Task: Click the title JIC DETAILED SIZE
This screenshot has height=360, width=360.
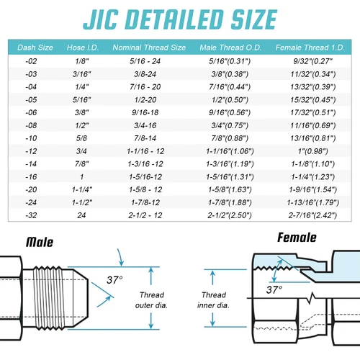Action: (180, 18)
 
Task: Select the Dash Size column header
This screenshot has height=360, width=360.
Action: (35, 48)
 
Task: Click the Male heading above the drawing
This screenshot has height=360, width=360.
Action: (42, 242)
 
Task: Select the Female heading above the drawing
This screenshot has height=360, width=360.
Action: (297, 238)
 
